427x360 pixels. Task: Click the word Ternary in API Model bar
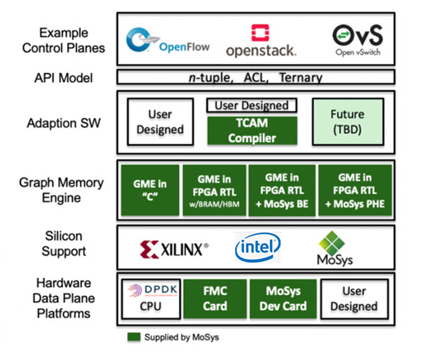click(300, 77)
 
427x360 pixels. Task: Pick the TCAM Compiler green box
click(252, 130)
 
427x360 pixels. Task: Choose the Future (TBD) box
click(347, 121)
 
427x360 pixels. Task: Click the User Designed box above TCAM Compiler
click(252, 106)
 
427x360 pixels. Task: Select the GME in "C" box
click(149, 190)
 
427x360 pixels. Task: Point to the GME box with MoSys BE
click(281, 190)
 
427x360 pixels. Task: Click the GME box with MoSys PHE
click(354, 190)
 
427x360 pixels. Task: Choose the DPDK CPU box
click(150, 298)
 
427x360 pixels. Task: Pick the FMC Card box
click(214, 298)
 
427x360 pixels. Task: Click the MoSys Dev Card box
click(283, 298)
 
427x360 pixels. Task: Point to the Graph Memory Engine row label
click(61, 190)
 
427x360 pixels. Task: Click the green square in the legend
click(133, 337)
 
